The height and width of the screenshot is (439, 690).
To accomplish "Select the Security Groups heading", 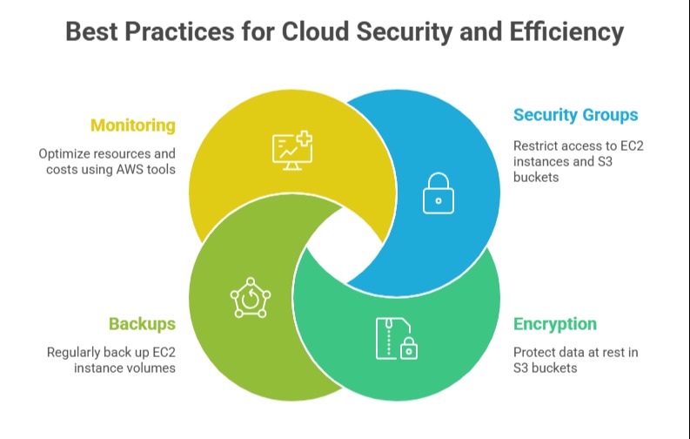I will pyautogui.click(x=575, y=115).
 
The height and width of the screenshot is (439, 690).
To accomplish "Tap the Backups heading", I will pyautogui.click(x=142, y=324).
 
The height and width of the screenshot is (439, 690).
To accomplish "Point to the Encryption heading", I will pyautogui.click(x=554, y=324).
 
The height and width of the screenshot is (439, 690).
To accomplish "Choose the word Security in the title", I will pyautogui.click(x=400, y=32).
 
